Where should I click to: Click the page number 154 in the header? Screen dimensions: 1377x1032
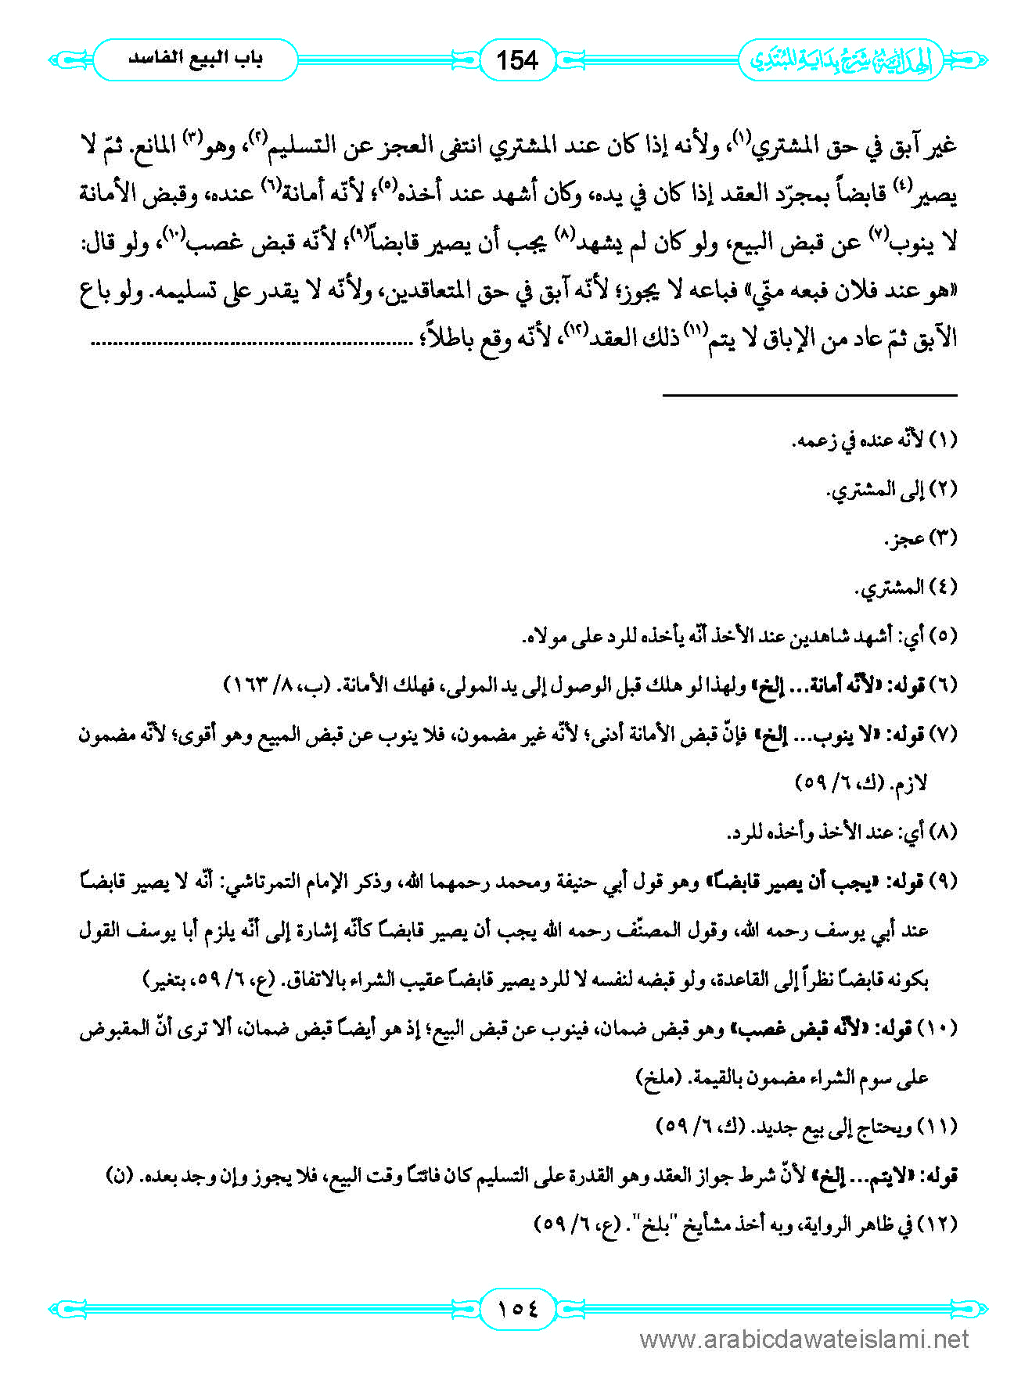(517, 60)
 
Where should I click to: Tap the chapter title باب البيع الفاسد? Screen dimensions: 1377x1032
(196, 59)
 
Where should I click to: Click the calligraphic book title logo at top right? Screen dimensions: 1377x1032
(842, 60)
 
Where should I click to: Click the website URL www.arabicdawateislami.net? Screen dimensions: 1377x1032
(804, 1339)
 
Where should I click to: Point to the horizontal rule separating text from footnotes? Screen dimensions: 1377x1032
(810, 396)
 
